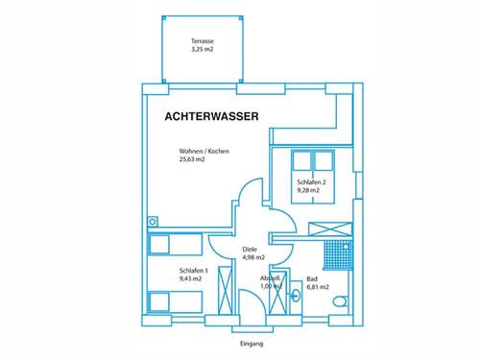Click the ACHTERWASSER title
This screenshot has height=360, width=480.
211,116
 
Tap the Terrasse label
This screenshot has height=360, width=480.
203,41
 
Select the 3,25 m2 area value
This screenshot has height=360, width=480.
203,49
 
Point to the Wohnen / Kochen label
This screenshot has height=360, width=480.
204,151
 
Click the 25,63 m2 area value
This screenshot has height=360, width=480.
192,159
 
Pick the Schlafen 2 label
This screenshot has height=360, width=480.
311,182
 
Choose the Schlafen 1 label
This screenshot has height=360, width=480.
194,271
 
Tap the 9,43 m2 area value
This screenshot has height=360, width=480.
191,278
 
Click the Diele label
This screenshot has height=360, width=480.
250,250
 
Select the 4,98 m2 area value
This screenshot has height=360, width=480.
253,257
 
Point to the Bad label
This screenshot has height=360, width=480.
312,279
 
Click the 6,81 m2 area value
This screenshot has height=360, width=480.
318,287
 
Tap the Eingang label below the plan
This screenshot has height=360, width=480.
252,344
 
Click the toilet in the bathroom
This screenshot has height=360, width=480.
340,301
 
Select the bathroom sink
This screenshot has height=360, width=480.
296,296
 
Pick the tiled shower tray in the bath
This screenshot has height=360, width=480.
338,255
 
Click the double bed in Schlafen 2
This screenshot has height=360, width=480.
313,177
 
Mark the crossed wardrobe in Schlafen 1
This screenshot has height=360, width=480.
225,291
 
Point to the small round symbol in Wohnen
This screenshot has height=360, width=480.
153,222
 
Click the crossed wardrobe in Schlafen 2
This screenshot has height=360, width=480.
330,229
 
